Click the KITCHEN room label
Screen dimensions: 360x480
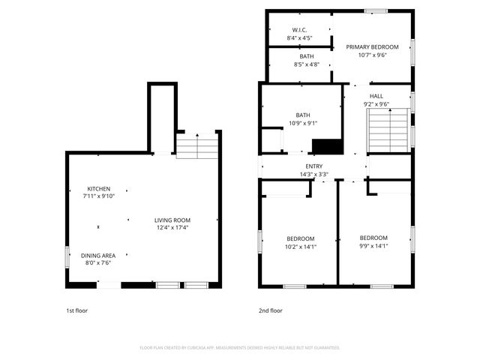(x=99, y=188)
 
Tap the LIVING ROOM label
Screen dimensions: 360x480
(x=172, y=220)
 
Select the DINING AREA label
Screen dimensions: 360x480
(x=98, y=256)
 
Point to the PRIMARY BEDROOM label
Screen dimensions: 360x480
(x=372, y=46)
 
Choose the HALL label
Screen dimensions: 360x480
(x=376, y=96)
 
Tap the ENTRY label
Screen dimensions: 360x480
(x=314, y=166)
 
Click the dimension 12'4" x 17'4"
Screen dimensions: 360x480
(x=172, y=227)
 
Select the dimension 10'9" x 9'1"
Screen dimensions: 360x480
(x=302, y=123)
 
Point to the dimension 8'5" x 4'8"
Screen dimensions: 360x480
(x=307, y=64)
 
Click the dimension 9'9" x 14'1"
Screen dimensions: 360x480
(x=373, y=245)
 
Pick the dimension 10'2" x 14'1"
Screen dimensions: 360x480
(x=300, y=246)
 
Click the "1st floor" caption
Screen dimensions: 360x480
(x=76, y=310)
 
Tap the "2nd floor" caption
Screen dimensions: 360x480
(x=271, y=310)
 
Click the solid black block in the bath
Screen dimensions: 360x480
(x=326, y=145)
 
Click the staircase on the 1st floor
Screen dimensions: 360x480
(x=196, y=145)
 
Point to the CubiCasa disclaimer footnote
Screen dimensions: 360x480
(x=240, y=348)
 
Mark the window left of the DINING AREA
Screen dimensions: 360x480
(x=66, y=257)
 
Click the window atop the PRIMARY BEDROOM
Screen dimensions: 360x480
(x=376, y=11)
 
